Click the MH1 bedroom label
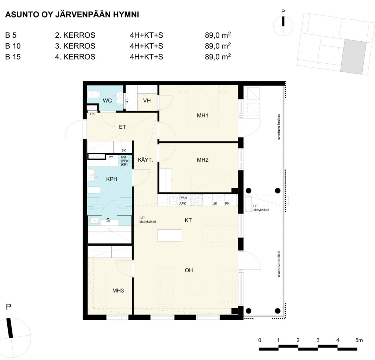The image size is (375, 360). [x=203, y=116]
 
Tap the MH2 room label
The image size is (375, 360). [x=203, y=160]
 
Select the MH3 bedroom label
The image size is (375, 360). [x=118, y=290]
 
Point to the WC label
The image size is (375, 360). [x=107, y=101]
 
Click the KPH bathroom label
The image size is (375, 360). [x=112, y=179]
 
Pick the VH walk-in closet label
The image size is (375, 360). [x=147, y=101]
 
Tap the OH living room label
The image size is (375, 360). [x=189, y=270]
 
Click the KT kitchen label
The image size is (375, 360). [x=188, y=220]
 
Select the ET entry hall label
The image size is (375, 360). [x=122, y=127]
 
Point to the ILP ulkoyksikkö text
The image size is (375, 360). [x=261, y=208]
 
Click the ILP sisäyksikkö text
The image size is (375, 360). [x=148, y=220]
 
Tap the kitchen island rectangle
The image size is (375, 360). [x=170, y=235]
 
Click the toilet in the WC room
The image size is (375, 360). [x=94, y=94]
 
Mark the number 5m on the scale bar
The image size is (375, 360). [x=359, y=340]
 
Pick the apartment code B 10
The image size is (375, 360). [x=13, y=46]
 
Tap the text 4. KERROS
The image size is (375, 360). [x=75, y=57]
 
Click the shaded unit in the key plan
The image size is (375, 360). [x=353, y=57]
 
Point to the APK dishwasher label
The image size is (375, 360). [x=183, y=203]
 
